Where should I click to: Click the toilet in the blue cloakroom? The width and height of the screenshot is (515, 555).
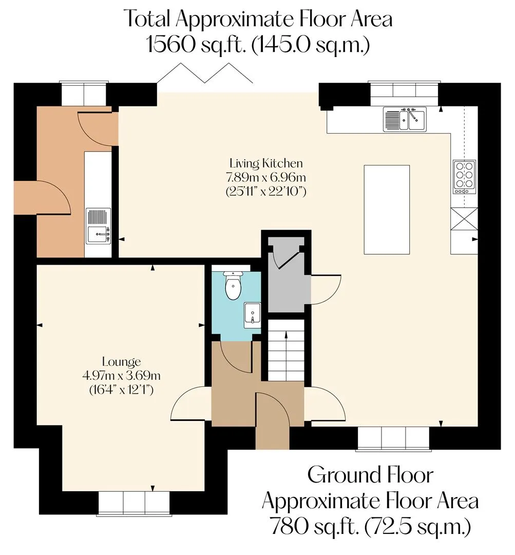click(233, 285)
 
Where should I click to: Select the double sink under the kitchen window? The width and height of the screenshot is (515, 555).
click(405, 119)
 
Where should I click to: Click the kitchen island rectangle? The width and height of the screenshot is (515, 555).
click(387, 210)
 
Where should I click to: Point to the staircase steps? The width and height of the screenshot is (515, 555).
click(286, 350)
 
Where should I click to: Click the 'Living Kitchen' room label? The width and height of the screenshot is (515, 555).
click(266, 163)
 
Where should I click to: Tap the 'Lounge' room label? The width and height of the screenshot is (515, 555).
click(121, 362)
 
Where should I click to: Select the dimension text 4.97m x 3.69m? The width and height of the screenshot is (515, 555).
click(121, 375)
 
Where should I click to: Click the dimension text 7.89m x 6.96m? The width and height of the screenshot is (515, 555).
click(266, 177)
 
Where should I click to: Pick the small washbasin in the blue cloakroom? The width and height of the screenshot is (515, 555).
click(252, 314)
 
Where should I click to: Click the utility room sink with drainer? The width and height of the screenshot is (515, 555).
click(99, 226)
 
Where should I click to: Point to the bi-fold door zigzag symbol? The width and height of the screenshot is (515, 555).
click(205, 73)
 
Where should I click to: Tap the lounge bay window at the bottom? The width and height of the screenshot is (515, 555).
click(134, 503)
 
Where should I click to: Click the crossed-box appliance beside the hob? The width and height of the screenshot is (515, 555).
click(464, 219)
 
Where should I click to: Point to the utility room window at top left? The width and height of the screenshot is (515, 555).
click(84, 94)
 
